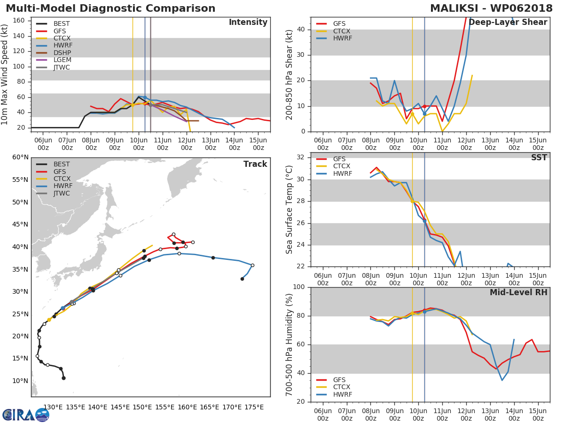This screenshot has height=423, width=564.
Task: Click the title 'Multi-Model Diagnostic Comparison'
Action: click(110, 8)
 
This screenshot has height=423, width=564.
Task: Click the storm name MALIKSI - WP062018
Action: click(492, 8)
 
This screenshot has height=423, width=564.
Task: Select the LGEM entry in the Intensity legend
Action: click(62, 60)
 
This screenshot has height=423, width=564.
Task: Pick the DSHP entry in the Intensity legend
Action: click(62, 53)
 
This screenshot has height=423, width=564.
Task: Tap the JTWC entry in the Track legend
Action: click(62, 194)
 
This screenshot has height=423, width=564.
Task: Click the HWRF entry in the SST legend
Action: click(342, 174)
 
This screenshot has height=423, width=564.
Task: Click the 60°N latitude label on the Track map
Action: click(20, 157)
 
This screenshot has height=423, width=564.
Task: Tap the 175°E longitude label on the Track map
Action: click(254, 407)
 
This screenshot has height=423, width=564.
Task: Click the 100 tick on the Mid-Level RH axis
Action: click(299, 287)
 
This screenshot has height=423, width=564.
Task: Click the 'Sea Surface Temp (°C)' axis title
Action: click(290, 210)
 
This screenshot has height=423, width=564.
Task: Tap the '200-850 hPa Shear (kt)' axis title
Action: click(290, 74)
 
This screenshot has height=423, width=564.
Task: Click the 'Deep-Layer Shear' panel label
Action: click(508, 23)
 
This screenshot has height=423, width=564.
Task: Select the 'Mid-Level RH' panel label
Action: click(518, 292)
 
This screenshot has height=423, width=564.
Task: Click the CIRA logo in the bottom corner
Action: click(25, 415)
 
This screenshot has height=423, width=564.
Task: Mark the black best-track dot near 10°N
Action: click(63, 378)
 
